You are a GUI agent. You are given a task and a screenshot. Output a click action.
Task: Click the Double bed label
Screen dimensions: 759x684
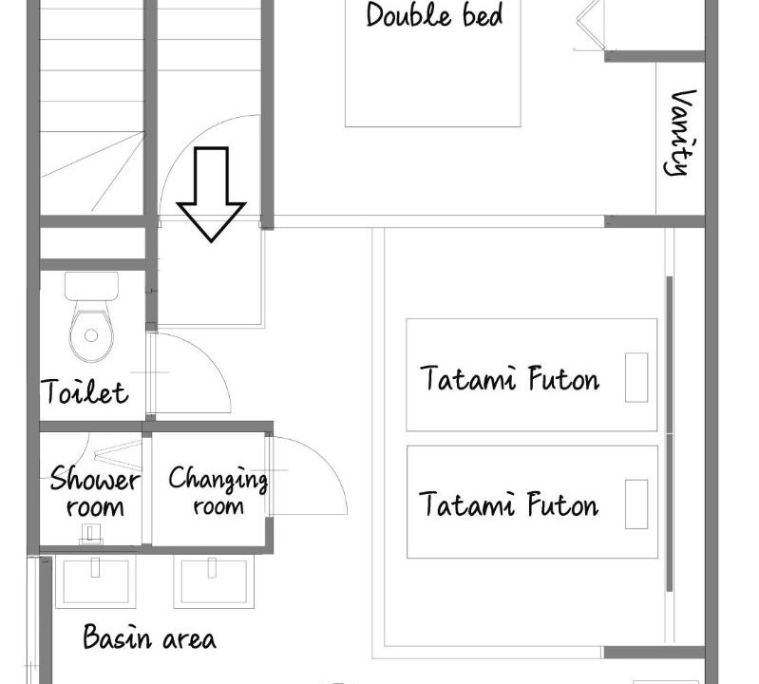434,14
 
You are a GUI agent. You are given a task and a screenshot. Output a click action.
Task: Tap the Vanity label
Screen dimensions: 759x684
680,132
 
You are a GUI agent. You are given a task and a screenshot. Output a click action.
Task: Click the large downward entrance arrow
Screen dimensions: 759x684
211,194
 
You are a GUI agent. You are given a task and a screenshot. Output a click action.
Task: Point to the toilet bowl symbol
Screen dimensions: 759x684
91,332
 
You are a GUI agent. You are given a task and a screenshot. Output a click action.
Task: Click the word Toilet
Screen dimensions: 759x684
85,391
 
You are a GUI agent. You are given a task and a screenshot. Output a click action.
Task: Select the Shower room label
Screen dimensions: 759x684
94,492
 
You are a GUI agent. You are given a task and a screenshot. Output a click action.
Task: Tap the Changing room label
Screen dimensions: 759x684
218,490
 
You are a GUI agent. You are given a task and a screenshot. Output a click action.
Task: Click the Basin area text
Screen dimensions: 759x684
149,637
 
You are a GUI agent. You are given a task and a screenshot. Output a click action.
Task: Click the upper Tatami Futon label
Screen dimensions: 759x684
510,378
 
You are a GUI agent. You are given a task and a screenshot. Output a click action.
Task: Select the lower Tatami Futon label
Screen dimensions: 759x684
509,503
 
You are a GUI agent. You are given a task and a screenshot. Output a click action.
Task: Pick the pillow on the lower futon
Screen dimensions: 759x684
636,504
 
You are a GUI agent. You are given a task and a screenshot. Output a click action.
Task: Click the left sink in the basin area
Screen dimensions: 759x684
95,581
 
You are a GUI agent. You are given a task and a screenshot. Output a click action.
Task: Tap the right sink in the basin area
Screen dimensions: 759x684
214,581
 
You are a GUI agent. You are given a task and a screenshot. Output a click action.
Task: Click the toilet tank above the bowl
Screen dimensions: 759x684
91,286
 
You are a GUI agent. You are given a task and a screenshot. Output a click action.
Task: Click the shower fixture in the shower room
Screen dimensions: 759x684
90,534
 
